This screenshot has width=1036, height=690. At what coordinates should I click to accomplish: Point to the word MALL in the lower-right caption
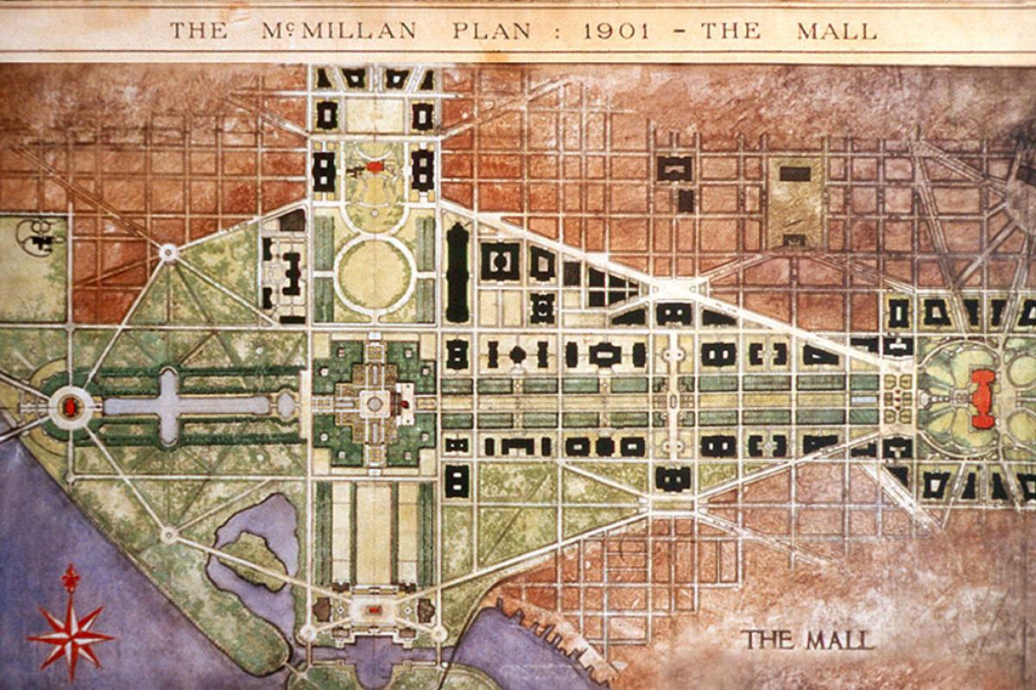tap(840, 640)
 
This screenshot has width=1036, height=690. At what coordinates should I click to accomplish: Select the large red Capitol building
tap(982, 399)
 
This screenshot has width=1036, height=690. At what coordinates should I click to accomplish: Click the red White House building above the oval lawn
tap(376, 166)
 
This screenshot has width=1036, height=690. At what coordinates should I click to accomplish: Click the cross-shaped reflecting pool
tap(168, 405)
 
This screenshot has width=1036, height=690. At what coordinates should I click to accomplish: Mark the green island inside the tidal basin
tap(253, 560)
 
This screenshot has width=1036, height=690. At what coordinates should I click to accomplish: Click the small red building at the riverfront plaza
tap(374, 611)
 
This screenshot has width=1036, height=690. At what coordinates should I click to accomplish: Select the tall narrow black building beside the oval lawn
tap(458, 272)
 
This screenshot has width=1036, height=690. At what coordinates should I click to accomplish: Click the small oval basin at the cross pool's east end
tap(286, 405)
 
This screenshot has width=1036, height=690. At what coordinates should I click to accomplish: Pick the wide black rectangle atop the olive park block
tap(794, 173)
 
